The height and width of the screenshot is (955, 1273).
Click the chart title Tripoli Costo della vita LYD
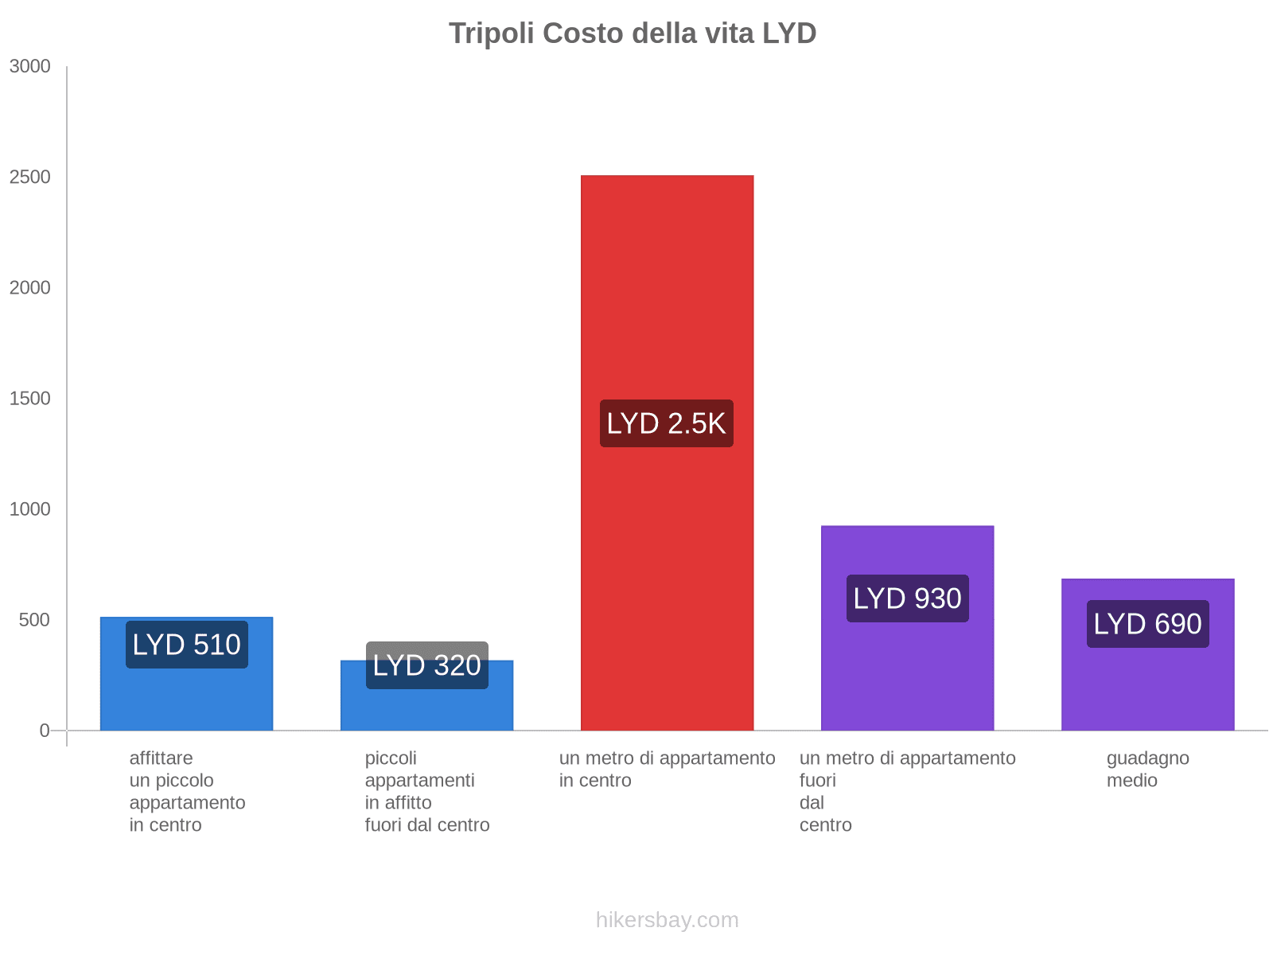tap(633, 33)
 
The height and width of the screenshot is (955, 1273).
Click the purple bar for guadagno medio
tap(1147, 684)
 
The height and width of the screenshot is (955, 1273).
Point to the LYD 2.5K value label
tap(667, 423)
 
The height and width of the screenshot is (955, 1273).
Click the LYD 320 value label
tap(426, 665)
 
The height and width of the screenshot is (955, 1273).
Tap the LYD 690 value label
tap(1147, 624)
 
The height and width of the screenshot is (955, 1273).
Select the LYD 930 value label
tap(907, 598)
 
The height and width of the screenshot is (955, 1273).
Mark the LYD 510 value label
tap(186, 645)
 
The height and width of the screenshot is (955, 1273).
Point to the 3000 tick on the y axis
tap(30, 67)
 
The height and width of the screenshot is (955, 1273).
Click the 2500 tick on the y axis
tap(30, 177)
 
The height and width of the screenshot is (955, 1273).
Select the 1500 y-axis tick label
tap(30, 399)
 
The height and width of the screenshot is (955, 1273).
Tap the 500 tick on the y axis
tap(35, 620)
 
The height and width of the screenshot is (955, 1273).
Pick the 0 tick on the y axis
tap(45, 731)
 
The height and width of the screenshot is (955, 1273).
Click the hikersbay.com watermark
tap(667, 920)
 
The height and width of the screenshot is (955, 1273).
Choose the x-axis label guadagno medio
tap(1147, 769)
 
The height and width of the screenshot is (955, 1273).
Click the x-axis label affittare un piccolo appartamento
tap(187, 791)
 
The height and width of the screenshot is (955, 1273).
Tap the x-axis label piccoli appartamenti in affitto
tap(426, 791)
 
